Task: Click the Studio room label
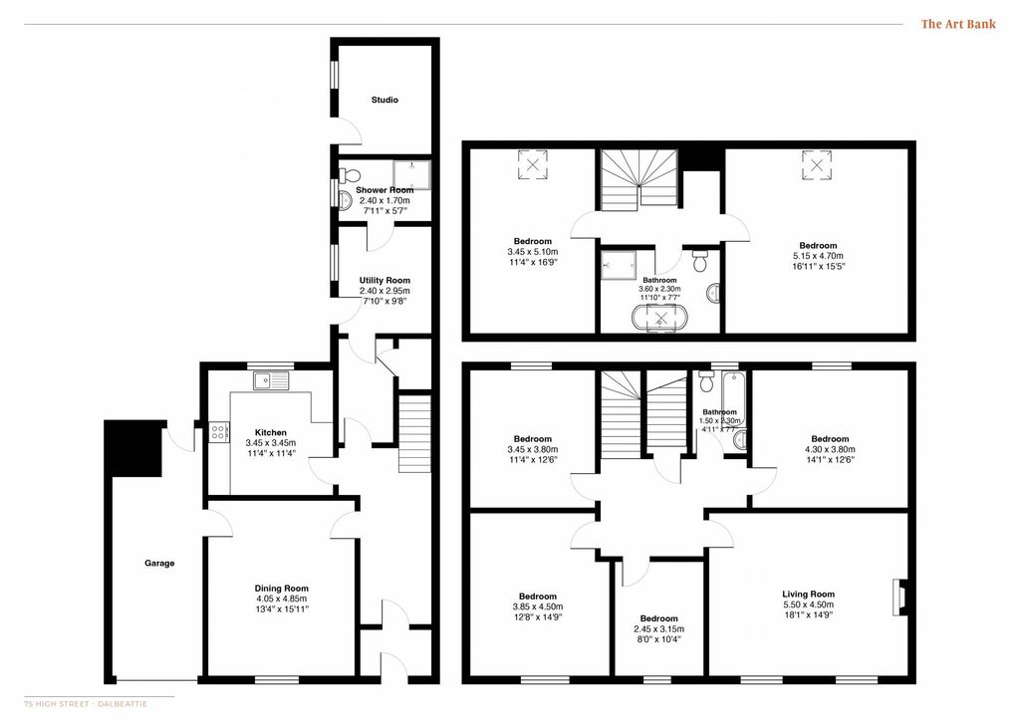click(x=384, y=101)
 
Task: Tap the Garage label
click(x=159, y=563)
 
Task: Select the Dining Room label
click(x=282, y=589)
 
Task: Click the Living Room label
click(x=808, y=594)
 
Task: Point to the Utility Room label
click(x=384, y=280)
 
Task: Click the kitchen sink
click(x=272, y=380)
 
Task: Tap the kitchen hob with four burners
click(x=219, y=432)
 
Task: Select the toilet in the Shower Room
click(x=350, y=175)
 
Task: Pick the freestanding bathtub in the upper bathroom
click(x=661, y=319)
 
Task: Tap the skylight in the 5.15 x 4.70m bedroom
click(x=817, y=164)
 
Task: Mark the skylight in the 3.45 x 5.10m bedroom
click(x=533, y=164)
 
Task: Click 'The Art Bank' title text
click(x=958, y=24)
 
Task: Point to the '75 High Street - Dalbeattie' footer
click(x=86, y=703)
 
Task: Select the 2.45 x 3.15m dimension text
click(x=659, y=629)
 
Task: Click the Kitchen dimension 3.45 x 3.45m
click(x=271, y=443)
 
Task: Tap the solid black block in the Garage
click(x=134, y=448)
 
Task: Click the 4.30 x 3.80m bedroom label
click(x=830, y=449)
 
